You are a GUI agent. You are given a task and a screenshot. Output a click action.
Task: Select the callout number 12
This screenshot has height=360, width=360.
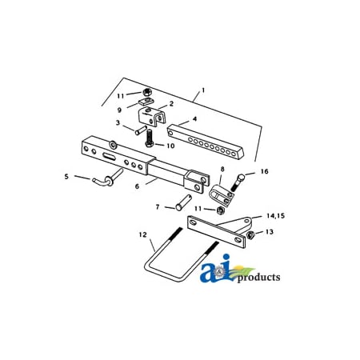point(142,235)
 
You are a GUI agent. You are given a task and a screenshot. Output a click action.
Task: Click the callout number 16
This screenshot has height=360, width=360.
point(263,172)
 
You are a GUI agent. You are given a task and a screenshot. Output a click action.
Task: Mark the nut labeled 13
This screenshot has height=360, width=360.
point(252,234)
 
